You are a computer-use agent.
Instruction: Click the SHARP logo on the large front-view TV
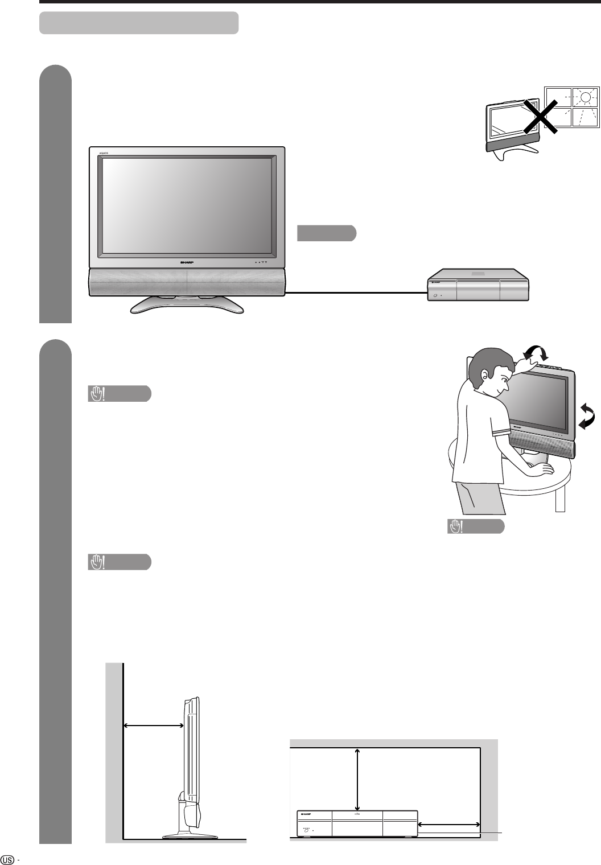pos(187,262)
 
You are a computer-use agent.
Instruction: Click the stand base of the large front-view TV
pos(187,306)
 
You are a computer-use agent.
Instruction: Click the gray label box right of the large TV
pos(327,233)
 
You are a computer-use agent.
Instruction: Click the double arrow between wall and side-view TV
pos(153,725)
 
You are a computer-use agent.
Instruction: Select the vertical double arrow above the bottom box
pos(357,779)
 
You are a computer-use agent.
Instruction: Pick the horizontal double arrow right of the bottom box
pos(450,824)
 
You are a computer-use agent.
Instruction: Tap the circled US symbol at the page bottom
pos(8,858)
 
